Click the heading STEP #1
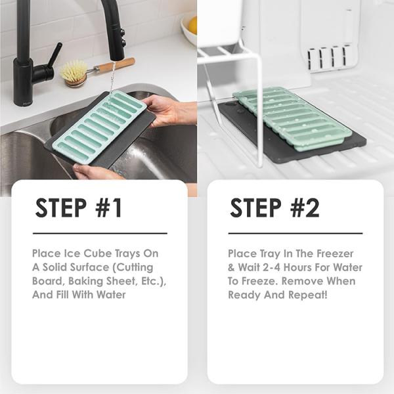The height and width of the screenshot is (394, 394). [79, 208]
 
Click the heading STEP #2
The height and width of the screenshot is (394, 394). [274, 208]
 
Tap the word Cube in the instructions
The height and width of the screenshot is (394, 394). [98, 253]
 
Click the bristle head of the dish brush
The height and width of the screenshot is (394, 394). [74, 73]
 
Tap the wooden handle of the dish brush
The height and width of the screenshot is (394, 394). [120, 63]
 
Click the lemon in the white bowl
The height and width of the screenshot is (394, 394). [193, 25]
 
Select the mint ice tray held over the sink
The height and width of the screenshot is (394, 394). [99, 127]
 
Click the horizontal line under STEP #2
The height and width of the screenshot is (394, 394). [295, 233]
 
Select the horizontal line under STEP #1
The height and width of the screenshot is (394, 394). [100, 233]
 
